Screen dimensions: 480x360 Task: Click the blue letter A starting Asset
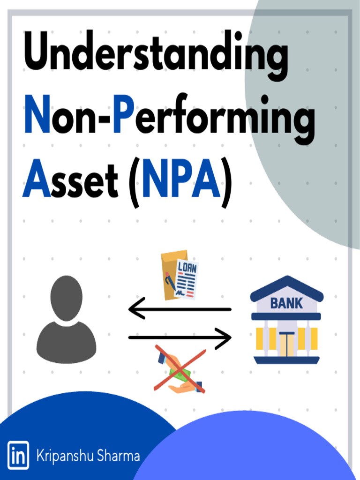pyautogui.click(x=37, y=180)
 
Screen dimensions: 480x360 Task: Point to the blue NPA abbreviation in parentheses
pyautogui.click(x=181, y=180)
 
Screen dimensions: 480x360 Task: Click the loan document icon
pyautogui.click(x=180, y=275)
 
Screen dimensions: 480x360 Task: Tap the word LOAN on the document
pyautogui.click(x=187, y=269)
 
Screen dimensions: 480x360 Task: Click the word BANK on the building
pyautogui.click(x=286, y=303)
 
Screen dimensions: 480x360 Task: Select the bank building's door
pyautogui.click(x=286, y=343)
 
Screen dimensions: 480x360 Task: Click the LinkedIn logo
pyautogui.click(x=18, y=455)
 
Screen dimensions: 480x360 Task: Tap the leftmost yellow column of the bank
pyautogui.click(x=261, y=338)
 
